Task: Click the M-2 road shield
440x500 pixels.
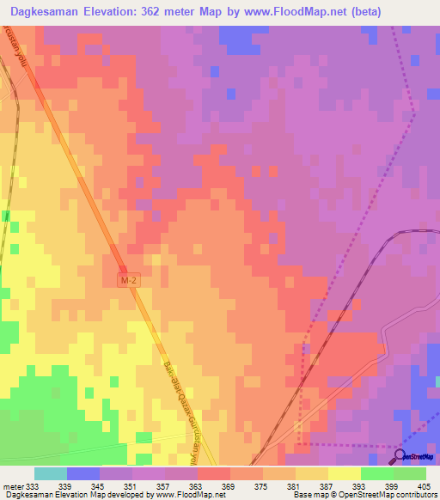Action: (x=128, y=280)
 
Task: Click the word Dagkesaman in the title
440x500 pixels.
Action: (x=42, y=12)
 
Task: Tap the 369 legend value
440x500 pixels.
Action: (x=229, y=486)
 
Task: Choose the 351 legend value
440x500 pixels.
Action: (x=131, y=486)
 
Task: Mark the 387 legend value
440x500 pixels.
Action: (x=327, y=486)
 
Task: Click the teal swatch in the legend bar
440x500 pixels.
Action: (x=50, y=473)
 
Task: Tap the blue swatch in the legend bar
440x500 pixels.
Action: (x=82, y=473)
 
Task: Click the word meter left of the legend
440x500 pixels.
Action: (x=11, y=486)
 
